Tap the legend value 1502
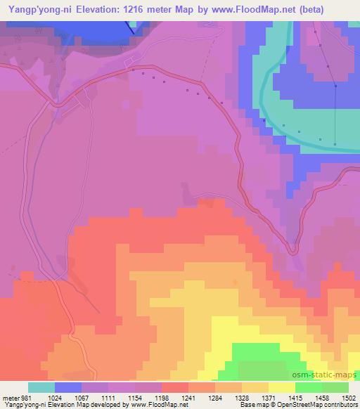pyautogui.click(x=349, y=397)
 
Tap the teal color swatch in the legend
pyautogui.click(x=42, y=387)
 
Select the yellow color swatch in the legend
pyautogui.click(x=281, y=387)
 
